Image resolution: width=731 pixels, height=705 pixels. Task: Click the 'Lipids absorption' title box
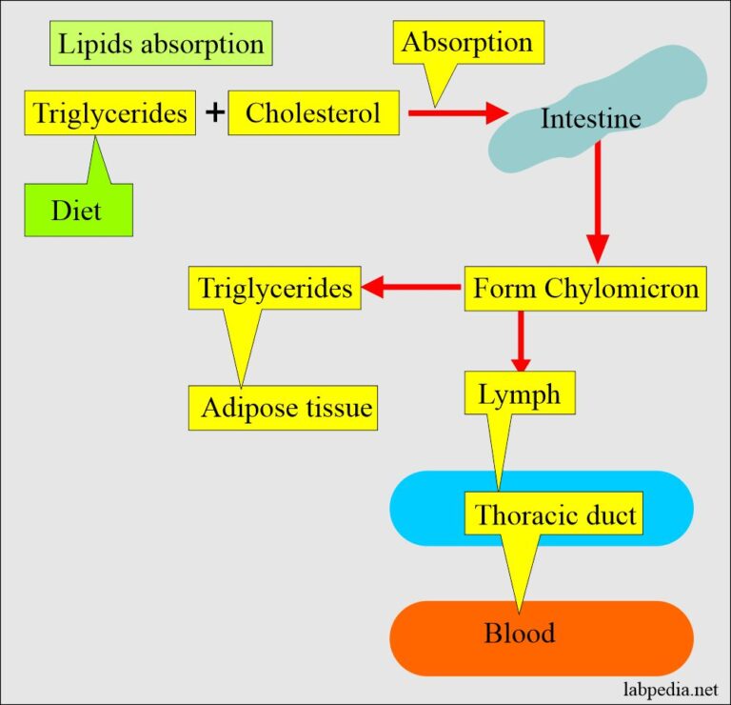pos(161,44)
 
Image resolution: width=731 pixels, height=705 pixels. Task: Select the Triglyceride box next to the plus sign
pos(110,112)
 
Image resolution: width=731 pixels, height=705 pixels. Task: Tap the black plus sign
pos(215,112)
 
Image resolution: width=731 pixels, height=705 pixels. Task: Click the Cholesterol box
pos(312,112)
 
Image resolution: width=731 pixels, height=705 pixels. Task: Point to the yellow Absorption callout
pos(467,44)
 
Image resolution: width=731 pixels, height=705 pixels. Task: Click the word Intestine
pos(590,119)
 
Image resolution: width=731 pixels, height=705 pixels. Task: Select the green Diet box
pos(78,210)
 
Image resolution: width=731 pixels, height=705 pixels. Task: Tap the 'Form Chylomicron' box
pos(585,288)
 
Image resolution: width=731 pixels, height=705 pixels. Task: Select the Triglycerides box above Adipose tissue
pos(275,288)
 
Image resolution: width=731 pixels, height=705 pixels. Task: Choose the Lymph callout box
pos(520,393)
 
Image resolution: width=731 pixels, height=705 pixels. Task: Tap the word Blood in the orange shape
pos(519,634)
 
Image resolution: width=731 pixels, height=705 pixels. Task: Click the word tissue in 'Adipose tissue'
pos(333,408)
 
